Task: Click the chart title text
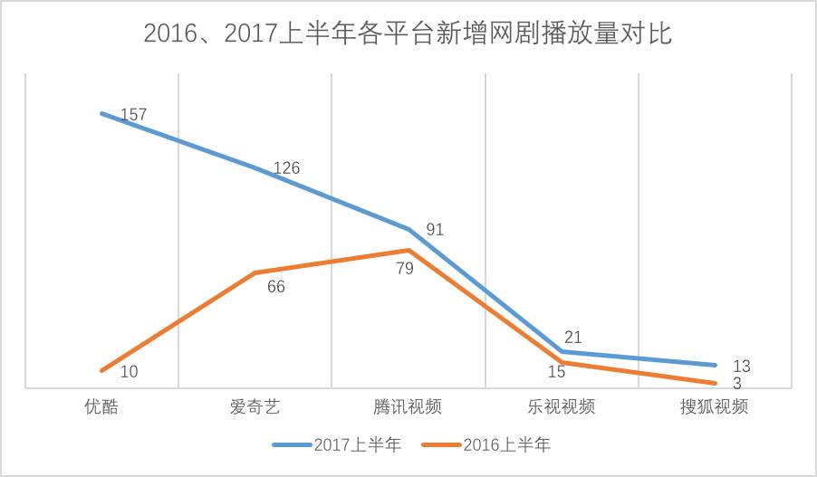click(408, 35)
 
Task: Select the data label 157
click(132, 115)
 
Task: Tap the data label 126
click(286, 168)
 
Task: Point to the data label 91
click(435, 230)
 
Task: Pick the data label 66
click(276, 288)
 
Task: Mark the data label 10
click(129, 371)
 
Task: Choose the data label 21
click(572, 338)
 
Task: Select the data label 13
click(741, 366)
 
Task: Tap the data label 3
click(737, 384)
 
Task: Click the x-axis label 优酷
click(101, 406)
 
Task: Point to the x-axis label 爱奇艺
click(255, 406)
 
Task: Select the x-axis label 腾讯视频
click(408, 406)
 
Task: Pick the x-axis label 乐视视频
click(562, 406)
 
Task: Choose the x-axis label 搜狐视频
click(715, 406)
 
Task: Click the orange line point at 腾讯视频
click(408, 250)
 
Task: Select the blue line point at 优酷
click(101, 113)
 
